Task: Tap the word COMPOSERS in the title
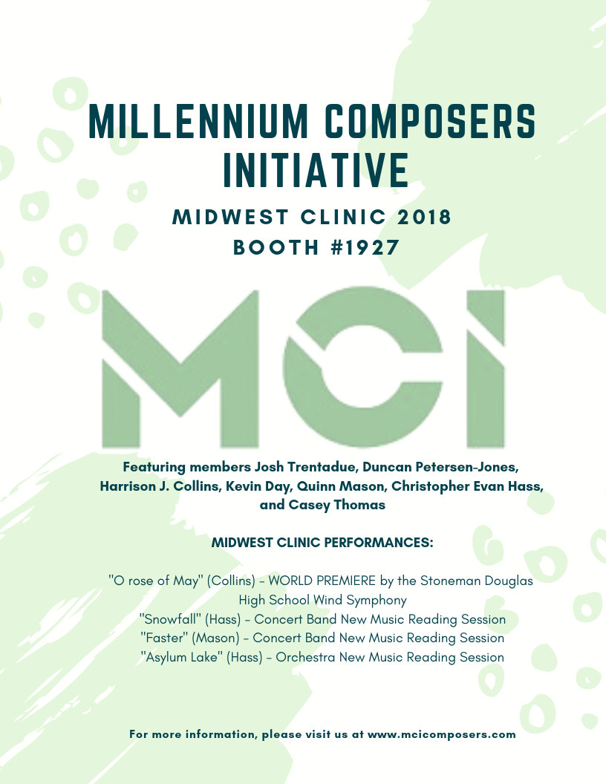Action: click(435, 122)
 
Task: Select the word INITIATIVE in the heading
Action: click(316, 169)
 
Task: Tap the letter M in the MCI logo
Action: click(180, 368)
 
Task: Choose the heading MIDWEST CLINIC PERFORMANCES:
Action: click(322, 543)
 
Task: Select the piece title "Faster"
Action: click(162, 638)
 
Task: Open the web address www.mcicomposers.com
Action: click(441, 734)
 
